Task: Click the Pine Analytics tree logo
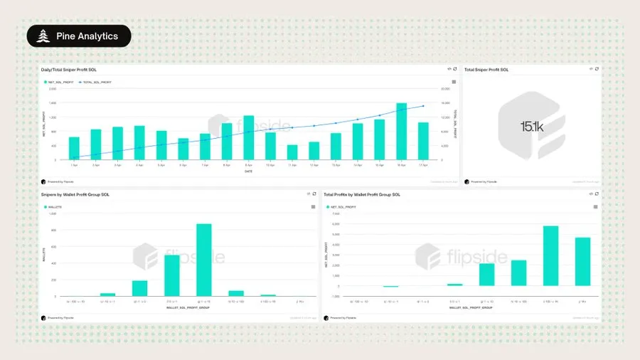pos(42,36)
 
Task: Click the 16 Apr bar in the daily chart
pos(401,132)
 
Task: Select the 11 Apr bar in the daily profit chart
pos(292,152)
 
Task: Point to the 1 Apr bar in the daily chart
pos(74,148)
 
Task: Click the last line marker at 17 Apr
pos(423,106)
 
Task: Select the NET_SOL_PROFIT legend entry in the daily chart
pos(60,83)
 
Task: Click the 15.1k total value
pos(531,127)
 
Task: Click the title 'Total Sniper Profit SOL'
pos(486,70)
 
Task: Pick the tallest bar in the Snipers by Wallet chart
pos(204,260)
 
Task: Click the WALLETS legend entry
pos(53,206)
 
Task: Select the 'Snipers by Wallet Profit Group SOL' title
pos(75,194)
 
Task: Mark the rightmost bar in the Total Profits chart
pos(582,262)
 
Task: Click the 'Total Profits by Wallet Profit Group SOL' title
pos(362,194)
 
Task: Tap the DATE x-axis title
pos(249,171)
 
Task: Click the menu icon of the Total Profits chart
pos(595,206)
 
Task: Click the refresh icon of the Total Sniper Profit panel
pos(597,69)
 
